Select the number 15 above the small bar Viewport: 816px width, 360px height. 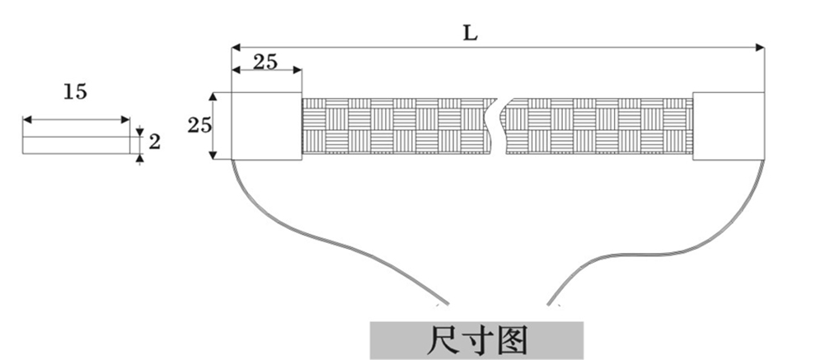75,91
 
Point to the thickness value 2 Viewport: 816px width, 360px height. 155,142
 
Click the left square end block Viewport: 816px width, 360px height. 267,125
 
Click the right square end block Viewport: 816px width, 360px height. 728,125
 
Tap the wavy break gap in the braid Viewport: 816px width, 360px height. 497,125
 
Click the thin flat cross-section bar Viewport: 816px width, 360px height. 75,145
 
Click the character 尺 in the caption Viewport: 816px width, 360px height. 446,339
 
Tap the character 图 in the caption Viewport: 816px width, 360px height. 512,339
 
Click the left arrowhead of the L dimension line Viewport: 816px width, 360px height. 235,47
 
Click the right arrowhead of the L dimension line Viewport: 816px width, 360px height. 760,47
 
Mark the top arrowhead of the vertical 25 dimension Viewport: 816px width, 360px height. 214,96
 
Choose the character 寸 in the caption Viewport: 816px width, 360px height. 478,339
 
